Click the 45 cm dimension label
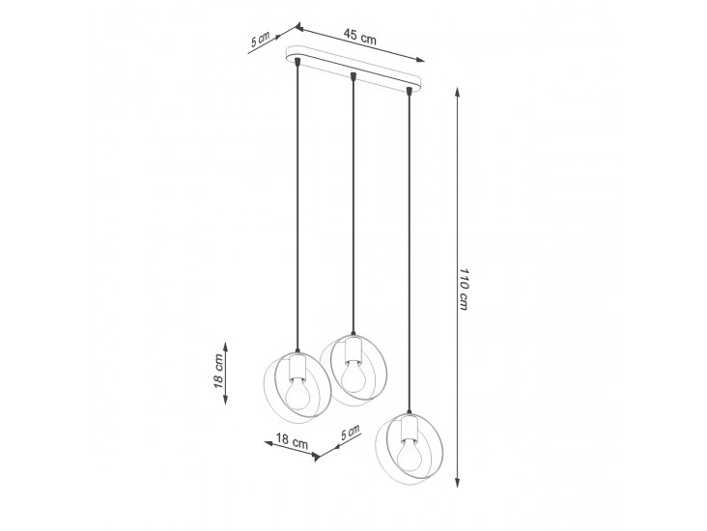[359, 37]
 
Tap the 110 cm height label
[464, 290]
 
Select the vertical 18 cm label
[218, 371]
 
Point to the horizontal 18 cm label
[292, 440]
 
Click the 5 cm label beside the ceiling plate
[260, 40]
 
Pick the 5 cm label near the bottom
[351, 432]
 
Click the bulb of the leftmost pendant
[297, 392]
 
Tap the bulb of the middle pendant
[353, 377]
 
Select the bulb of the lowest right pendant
[410, 454]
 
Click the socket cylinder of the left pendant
[297, 368]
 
